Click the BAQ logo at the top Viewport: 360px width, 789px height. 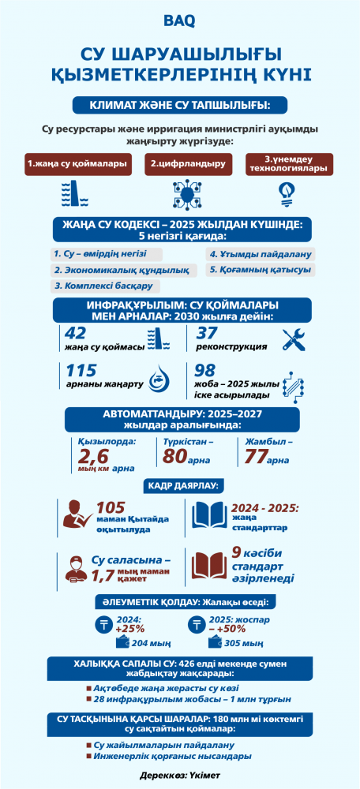tap(180, 17)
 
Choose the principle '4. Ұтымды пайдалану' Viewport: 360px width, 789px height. tap(261, 254)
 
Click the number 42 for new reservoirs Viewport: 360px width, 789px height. tap(77, 332)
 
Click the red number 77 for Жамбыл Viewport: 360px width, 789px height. tap(255, 456)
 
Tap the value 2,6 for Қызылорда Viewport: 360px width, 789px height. tap(92, 456)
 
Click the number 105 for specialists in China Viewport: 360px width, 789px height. tap(111, 508)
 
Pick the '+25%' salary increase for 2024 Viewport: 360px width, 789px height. tap(129, 629)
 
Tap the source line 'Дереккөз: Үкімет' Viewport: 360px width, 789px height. tap(180, 776)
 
